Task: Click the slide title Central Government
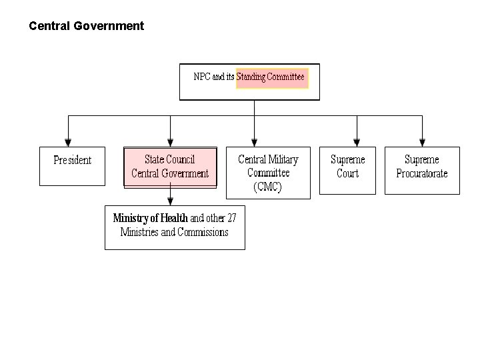[86, 26]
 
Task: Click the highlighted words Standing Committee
[271, 77]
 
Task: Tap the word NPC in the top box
[202, 77]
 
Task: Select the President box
[72, 166]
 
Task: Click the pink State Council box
[170, 167]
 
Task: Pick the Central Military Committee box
[268, 172]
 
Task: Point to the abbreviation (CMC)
[268, 187]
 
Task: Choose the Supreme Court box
[347, 170]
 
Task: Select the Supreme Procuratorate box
[422, 170]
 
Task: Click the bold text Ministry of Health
[150, 218]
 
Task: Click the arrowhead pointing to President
[68, 143]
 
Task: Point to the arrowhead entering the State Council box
[171, 143]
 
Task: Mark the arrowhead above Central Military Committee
[255, 143]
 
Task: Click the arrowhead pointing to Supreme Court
[357, 143]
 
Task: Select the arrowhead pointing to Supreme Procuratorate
[422, 143]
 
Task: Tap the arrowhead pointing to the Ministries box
[171, 201]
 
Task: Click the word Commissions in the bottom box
[202, 232]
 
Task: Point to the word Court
[347, 174]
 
